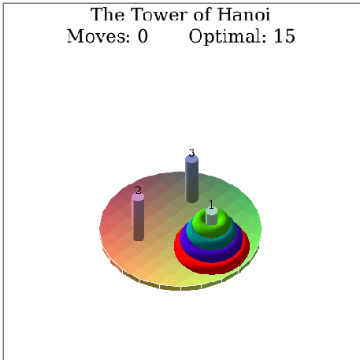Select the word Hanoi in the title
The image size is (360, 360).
coord(244,14)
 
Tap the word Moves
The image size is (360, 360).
coord(98,36)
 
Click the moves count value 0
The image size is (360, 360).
coord(143,36)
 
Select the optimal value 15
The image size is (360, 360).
coord(284,36)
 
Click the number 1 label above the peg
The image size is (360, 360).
coord(211,204)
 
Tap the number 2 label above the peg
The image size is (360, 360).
coord(138,190)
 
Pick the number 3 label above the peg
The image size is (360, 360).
coord(191,153)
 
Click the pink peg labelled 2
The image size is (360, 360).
coord(138,217)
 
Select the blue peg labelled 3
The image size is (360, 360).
coord(191,179)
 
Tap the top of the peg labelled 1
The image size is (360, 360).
coord(212,211)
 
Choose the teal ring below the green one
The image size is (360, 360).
coord(212,243)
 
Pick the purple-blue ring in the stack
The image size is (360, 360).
coord(212,254)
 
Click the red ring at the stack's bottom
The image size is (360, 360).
coord(212,267)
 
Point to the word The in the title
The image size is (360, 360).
coord(108,14)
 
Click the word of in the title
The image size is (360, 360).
coord(203,14)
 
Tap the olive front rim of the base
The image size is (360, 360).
coord(180,287)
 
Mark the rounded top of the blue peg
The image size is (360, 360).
coord(191,159)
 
